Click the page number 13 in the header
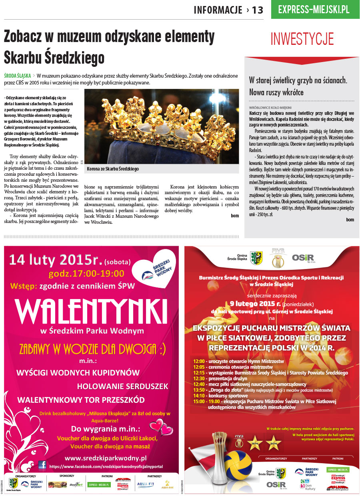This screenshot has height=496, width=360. [258, 10]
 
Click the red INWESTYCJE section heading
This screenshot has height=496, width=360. [302, 39]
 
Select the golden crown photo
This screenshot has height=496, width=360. [161, 126]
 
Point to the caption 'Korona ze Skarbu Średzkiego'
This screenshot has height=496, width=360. [113, 169]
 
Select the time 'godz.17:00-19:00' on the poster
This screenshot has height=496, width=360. [86, 274]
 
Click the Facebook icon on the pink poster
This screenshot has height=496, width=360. [42, 465]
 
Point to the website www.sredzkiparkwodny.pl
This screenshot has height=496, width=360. [106, 458]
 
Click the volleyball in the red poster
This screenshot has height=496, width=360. [238, 464]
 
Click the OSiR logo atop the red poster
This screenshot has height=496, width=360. [303, 258]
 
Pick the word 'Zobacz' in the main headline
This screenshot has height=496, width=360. [29, 37]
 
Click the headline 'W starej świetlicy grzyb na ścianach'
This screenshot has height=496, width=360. [298, 80]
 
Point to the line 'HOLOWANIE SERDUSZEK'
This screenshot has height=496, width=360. [123, 386]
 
